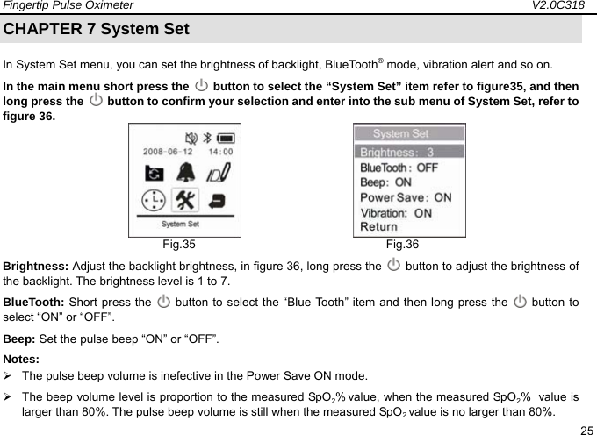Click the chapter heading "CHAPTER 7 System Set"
pyautogui.click(x=97, y=28)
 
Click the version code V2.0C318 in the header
pyautogui.click(x=561, y=6)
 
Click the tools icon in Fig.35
pyautogui.click(x=185, y=201)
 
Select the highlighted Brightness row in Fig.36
pyautogui.click(x=409, y=152)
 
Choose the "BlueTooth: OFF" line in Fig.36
pyautogui.click(x=399, y=167)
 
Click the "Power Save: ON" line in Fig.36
pyautogui.click(x=406, y=197)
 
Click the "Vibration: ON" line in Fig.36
pyautogui.click(x=396, y=212)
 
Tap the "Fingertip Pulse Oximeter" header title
pyautogui.click(x=67, y=6)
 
